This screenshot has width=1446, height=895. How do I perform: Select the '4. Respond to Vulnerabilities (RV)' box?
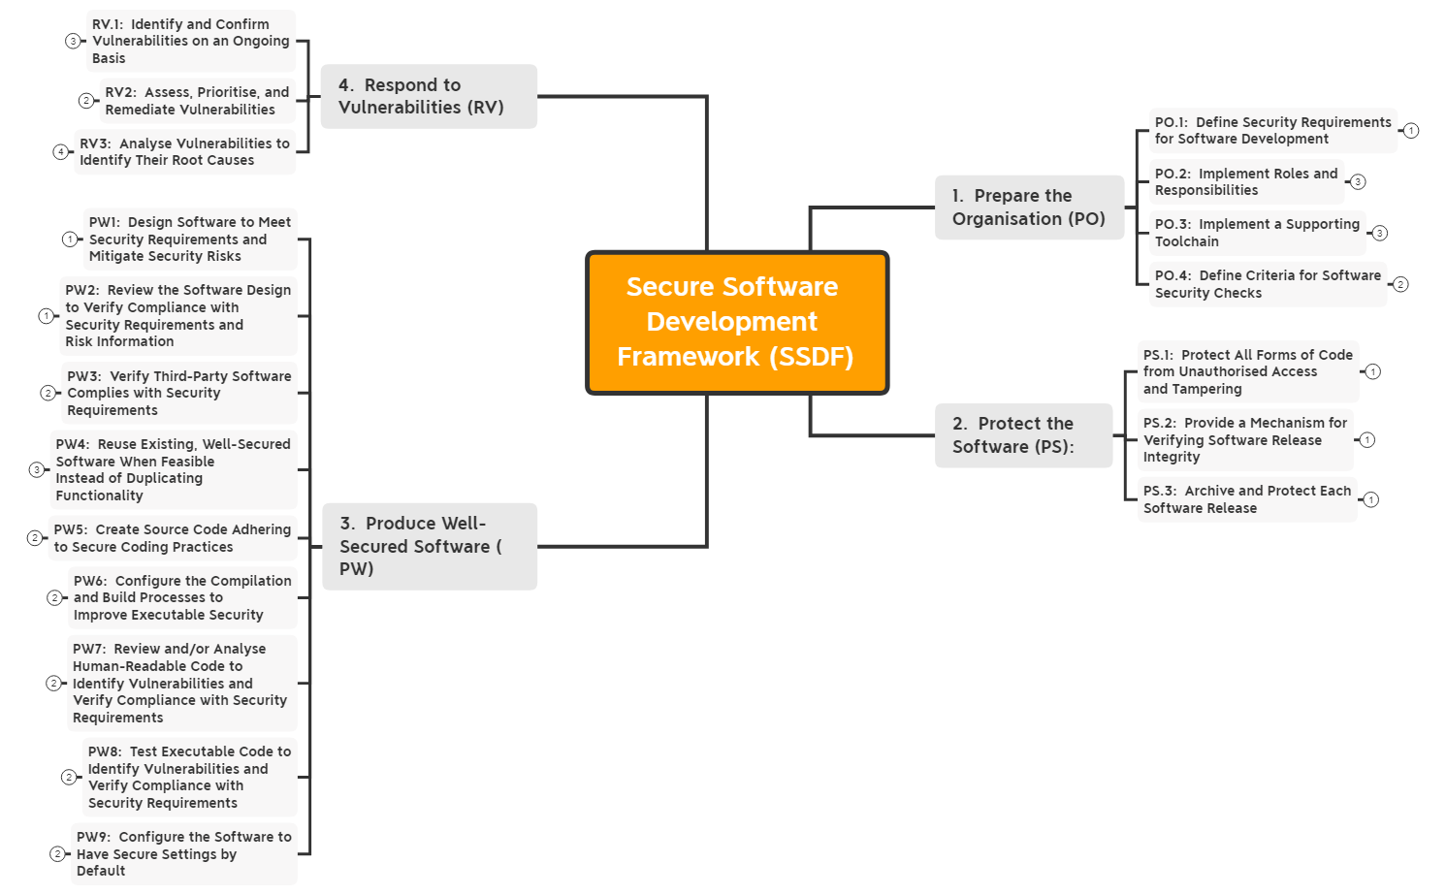[x=429, y=96]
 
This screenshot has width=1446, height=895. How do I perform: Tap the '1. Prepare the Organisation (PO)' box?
[x=1029, y=207]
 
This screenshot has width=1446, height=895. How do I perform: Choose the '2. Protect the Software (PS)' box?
[x=1023, y=435]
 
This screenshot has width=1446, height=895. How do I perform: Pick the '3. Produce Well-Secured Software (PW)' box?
[x=429, y=546]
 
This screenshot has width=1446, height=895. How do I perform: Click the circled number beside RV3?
[x=60, y=152]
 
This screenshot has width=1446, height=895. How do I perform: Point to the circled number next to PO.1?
[x=1411, y=131]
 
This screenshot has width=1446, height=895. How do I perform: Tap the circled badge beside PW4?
[x=37, y=470]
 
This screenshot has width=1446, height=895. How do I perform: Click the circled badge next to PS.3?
[x=1370, y=500]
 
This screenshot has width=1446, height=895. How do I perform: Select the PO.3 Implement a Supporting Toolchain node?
[x=1257, y=233]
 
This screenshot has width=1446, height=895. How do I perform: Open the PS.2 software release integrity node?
[x=1245, y=440]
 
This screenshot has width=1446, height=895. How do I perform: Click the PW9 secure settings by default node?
[x=183, y=854]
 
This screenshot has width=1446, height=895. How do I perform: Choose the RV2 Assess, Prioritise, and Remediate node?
[x=197, y=101]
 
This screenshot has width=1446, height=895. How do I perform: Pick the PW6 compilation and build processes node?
[x=182, y=597]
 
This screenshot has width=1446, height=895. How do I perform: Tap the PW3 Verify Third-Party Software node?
[x=178, y=393]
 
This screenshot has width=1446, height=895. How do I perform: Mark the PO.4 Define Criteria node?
[x=1268, y=284]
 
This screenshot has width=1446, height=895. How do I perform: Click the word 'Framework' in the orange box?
[x=689, y=357]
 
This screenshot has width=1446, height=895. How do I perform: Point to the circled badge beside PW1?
[x=70, y=240]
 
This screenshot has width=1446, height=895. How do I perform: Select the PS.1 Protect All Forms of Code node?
[x=1247, y=371]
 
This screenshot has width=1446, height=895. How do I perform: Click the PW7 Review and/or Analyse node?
[x=179, y=683]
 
